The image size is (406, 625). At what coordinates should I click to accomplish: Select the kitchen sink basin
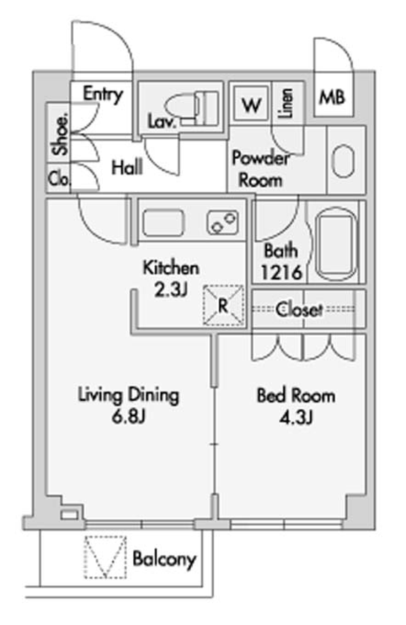click(x=163, y=223)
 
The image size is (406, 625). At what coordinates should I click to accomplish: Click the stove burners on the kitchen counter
click(x=222, y=222)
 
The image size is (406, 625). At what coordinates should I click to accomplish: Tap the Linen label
click(x=286, y=103)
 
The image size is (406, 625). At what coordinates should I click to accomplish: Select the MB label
click(x=332, y=98)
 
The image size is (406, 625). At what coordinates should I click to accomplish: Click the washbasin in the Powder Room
click(x=343, y=161)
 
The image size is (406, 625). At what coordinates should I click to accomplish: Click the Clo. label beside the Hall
click(x=58, y=179)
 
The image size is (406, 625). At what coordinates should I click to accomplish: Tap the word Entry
click(x=103, y=94)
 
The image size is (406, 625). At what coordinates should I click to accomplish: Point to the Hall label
click(x=127, y=168)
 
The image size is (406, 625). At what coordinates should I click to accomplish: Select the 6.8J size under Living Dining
click(x=129, y=417)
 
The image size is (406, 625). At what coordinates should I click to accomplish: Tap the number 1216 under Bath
click(x=281, y=272)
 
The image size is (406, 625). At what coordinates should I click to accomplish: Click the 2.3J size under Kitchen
click(x=170, y=290)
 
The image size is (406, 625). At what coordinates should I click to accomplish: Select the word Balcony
click(x=164, y=559)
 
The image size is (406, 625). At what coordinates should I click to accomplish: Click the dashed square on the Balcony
click(x=105, y=557)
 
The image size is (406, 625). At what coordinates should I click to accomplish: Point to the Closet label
click(x=299, y=310)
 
